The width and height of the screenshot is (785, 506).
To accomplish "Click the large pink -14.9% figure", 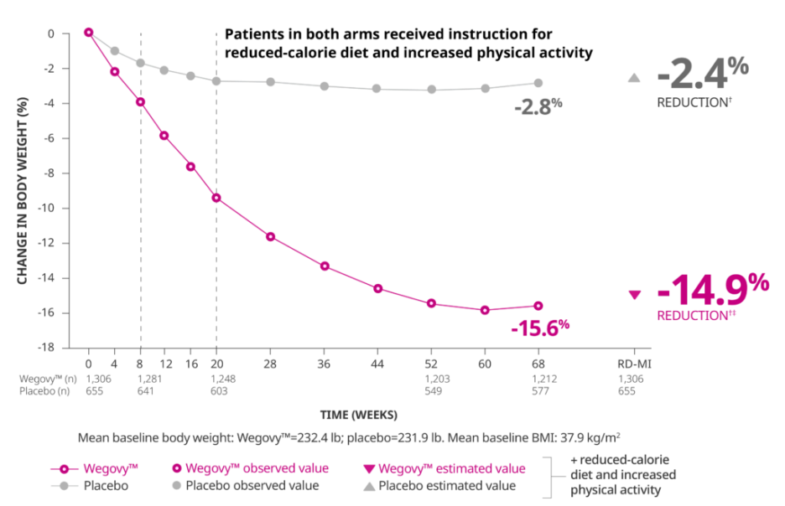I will point(713,292).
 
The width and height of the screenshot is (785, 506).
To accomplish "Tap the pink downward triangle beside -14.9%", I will point(635,295).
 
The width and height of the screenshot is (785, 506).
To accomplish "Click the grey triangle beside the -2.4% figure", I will point(635,79).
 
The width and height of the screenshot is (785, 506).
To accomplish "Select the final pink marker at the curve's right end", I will point(538,306).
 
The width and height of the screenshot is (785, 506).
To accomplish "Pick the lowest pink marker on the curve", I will point(485,311).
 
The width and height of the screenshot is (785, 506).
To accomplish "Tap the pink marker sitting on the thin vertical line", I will point(217,199).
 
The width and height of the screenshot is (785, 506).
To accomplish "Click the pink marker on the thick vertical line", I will point(140,102).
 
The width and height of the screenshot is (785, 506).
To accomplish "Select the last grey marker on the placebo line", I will point(538,84).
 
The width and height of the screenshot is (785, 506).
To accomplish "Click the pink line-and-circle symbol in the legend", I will point(62,469).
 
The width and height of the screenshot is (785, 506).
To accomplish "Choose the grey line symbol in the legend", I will point(62,486).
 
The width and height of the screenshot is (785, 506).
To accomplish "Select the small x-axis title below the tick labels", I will point(359,415).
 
